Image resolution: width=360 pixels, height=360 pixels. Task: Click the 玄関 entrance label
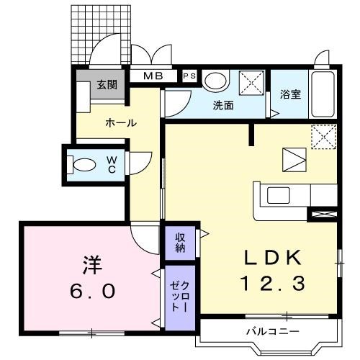[107, 84]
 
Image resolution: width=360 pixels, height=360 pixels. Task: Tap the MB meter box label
[153, 76]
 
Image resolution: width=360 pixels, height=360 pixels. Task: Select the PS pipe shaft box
[189, 76]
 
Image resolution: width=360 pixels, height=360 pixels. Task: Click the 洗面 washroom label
[223, 105]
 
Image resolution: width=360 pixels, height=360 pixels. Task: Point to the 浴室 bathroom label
[290, 94]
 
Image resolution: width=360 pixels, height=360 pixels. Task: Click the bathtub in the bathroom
[323, 94]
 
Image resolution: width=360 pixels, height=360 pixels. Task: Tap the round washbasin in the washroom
[215, 81]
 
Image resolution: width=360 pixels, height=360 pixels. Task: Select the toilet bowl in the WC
[84, 165]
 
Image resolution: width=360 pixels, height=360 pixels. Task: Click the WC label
[112, 164]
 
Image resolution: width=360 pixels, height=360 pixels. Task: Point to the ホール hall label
[121, 123]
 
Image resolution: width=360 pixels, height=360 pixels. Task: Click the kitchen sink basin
[279, 195]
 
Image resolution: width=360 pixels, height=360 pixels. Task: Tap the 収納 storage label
[180, 243]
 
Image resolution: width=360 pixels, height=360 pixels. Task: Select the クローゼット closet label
[180, 297]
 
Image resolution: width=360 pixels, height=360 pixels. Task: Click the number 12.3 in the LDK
[273, 284]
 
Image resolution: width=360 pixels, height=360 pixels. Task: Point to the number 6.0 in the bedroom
[92, 291]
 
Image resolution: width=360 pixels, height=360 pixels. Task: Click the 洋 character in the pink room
[92, 265]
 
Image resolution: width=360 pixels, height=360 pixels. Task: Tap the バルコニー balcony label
[273, 332]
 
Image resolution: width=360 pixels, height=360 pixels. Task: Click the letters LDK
[273, 257]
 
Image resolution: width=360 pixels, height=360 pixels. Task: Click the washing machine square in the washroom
[251, 83]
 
